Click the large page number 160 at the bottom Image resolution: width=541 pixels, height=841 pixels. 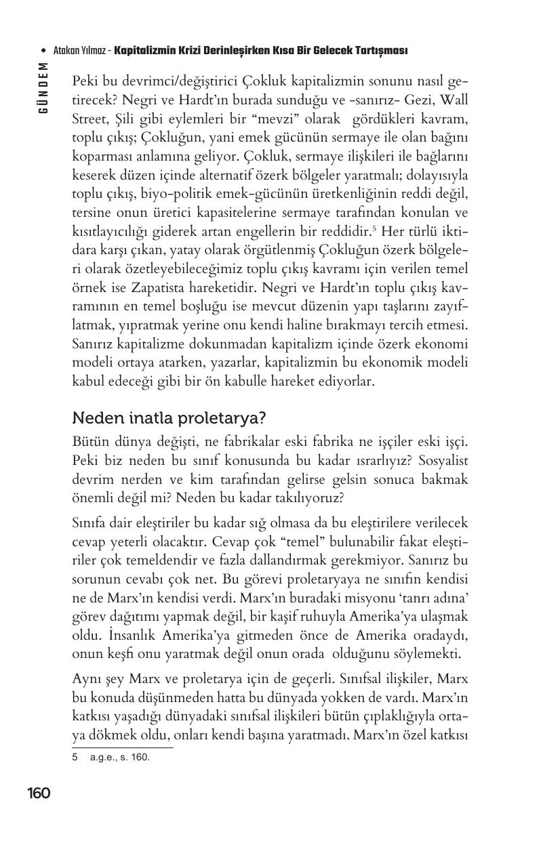(x=39, y=793)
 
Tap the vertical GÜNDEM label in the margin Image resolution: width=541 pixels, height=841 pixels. (x=43, y=87)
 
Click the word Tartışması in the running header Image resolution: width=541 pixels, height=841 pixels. (x=376, y=51)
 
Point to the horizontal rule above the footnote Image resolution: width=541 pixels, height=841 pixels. (x=123, y=747)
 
